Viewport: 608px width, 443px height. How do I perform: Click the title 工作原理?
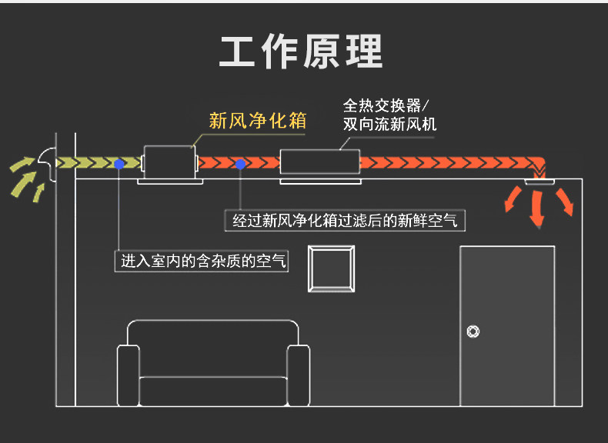301,52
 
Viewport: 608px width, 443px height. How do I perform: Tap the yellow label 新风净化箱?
258,121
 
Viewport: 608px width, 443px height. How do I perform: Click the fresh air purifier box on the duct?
170,162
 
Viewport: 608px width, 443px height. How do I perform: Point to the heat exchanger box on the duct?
319,162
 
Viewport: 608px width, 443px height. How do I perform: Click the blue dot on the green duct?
119,164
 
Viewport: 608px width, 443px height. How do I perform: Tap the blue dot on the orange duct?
240,164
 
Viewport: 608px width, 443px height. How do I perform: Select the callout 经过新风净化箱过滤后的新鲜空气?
345,221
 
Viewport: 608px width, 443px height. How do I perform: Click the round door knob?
473,331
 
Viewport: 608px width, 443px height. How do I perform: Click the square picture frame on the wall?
332,268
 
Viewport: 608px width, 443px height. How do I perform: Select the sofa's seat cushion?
212,388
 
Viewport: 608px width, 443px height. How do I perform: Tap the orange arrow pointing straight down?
537,209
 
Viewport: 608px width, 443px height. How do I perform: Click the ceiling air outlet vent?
539,180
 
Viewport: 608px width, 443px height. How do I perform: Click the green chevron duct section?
96,163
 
